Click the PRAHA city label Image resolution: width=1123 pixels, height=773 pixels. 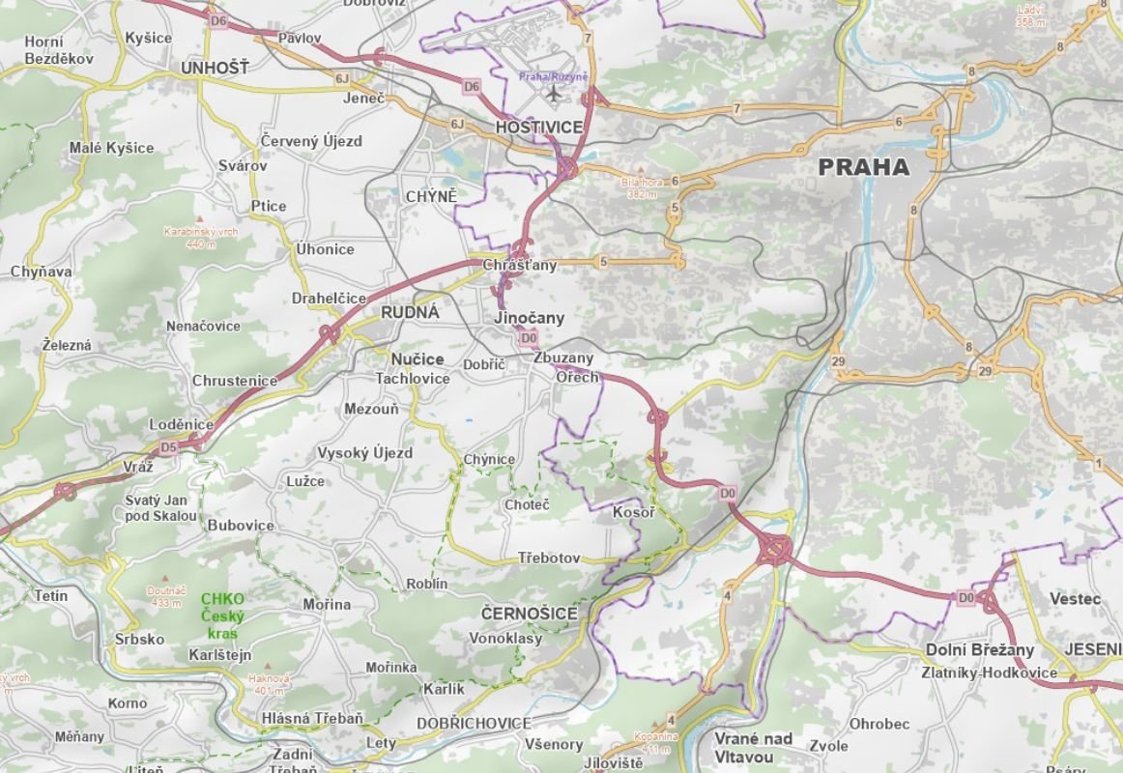[863, 167]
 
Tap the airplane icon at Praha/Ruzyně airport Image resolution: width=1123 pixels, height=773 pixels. [553, 94]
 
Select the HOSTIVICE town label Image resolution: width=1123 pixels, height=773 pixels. [538, 127]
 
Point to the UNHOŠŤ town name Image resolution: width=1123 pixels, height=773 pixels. [214, 68]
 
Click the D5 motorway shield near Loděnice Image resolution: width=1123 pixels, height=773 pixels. [169, 447]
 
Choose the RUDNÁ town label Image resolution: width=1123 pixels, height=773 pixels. [410, 312]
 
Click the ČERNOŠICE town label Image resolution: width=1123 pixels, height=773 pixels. [529, 614]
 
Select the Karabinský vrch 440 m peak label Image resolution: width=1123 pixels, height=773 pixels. [201, 238]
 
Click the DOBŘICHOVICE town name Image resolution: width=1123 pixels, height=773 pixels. [474, 723]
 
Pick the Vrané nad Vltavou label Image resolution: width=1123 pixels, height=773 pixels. [753, 747]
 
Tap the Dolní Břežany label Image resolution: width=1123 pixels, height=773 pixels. [979, 649]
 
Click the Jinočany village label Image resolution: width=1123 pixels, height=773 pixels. [529, 317]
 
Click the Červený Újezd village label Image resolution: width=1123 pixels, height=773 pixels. [311, 141]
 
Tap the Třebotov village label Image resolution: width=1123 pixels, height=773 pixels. [549, 558]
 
